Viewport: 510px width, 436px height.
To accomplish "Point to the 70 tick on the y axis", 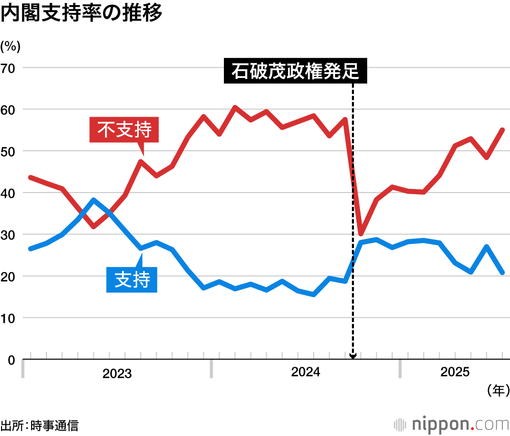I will [x=9, y=68].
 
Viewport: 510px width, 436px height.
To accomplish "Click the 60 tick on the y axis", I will [x=9, y=110].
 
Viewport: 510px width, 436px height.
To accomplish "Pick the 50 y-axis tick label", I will [x=9, y=151].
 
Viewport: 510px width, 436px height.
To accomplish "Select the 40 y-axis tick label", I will [x=9, y=193].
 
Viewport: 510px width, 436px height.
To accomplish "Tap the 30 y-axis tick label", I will [x=9, y=235].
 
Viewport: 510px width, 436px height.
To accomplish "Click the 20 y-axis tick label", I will [x=9, y=277].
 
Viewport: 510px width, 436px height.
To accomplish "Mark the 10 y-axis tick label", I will [x=9, y=318].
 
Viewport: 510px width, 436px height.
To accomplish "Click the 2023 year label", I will [x=117, y=374].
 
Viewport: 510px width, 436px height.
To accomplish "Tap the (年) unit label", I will [x=498, y=391].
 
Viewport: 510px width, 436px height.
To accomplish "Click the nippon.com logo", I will [x=451, y=424].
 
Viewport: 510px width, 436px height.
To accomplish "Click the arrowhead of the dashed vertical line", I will [x=353, y=356].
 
